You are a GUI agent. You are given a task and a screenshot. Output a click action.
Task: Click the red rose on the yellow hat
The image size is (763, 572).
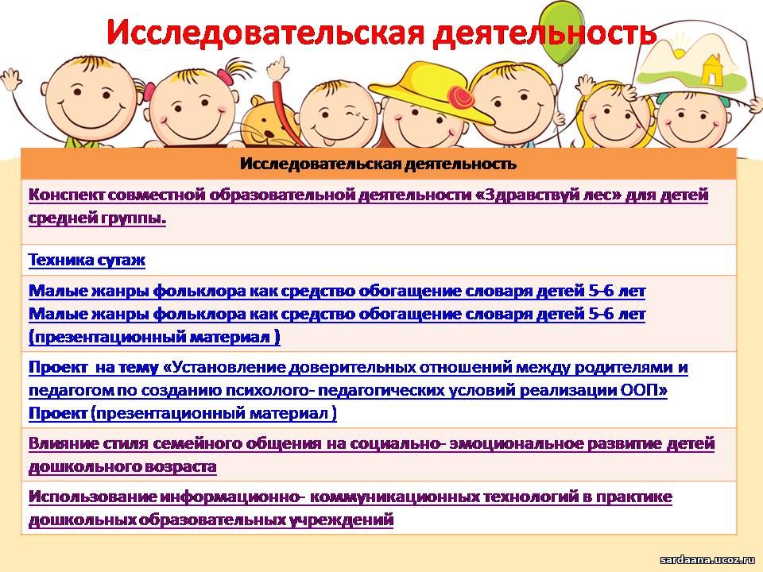[x=461, y=97]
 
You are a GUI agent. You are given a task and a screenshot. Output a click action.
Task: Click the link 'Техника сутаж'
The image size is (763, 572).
[x=87, y=260]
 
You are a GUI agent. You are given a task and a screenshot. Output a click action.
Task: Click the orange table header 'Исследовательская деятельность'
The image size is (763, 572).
[x=378, y=164]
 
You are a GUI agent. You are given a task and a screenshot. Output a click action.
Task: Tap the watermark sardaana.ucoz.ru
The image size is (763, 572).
[x=707, y=560]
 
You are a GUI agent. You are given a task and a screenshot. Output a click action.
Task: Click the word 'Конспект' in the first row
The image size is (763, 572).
[x=66, y=195]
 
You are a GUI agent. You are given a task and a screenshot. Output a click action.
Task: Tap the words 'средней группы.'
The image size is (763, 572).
[x=97, y=218]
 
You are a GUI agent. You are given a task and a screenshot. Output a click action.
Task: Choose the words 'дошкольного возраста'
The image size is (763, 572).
[x=122, y=467]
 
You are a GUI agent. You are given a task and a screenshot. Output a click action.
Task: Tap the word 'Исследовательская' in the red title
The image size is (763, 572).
[x=265, y=33]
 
